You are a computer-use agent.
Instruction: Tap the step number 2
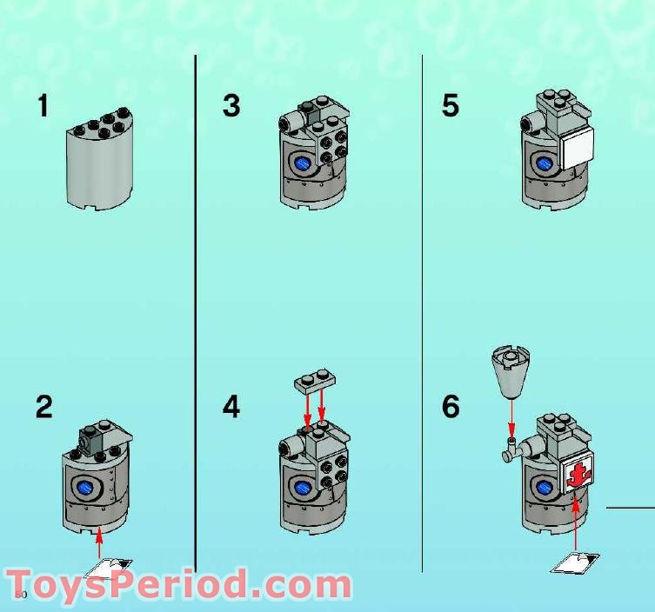pos(43,407)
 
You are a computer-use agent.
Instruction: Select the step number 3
pos(231,106)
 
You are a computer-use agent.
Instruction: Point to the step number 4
pos(231,407)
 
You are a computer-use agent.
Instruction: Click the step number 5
pos(450,106)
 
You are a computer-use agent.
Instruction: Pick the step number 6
pos(450,407)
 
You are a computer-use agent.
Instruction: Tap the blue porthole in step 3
pos(304,164)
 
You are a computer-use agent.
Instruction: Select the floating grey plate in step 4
pos(313,380)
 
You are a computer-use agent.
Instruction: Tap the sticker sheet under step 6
pos(575,562)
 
